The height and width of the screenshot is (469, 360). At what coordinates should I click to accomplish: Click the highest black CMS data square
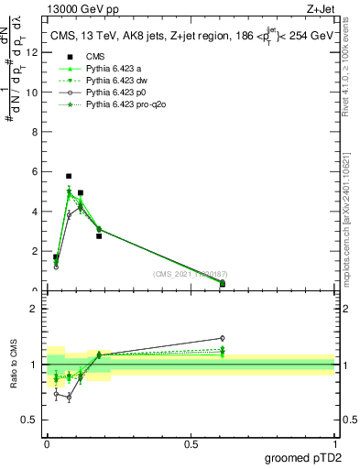[x=69, y=175]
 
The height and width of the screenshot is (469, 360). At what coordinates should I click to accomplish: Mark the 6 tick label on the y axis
[x=34, y=171]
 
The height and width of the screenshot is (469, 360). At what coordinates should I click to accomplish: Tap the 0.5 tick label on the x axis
[x=191, y=444]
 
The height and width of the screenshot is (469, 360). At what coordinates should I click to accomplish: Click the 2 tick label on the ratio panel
[x=34, y=309]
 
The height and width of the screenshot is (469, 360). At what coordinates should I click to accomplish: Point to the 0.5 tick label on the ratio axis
[x=30, y=421]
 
